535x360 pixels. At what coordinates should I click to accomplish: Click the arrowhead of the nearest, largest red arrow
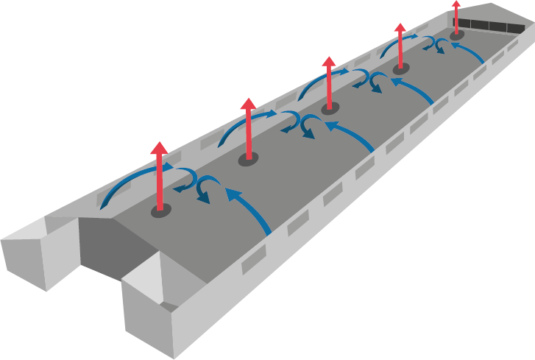click(x=159, y=149)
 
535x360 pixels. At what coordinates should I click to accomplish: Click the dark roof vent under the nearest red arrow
click(x=160, y=211)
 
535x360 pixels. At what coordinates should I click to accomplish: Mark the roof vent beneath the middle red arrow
click(x=330, y=108)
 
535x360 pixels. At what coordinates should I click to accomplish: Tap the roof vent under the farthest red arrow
click(x=457, y=35)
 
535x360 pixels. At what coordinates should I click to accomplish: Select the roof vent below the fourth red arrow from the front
click(x=400, y=68)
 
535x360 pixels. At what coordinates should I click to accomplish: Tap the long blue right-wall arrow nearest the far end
click(x=468, y=52)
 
